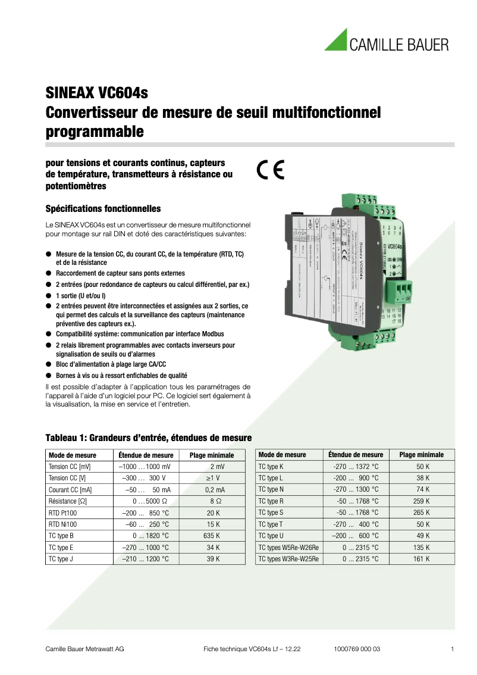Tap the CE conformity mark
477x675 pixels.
pyautogui.click(x=271, y=170)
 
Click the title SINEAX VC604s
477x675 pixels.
pyautogui.click(x=96, y=93)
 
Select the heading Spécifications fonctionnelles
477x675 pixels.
pyautogui.click(x=103, y=209)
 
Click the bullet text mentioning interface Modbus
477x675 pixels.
pyautogui.click(x=140, y=334)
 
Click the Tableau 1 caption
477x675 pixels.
pyautogui.click(x=145, y=438)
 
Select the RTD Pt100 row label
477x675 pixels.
pyautogui.click(x=63, y=512)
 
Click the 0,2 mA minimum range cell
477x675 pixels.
pyautogui.click(x=214, y=489)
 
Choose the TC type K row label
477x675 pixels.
pyautogui.click(x=271, y=466)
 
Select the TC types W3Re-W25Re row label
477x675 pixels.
pyautogui.click(x=288, y=559)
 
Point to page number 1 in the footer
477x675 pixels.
pyautogui.click(x=453, y=649)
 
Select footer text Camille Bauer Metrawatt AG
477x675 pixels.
pyautogui.click(x=85, y=649)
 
